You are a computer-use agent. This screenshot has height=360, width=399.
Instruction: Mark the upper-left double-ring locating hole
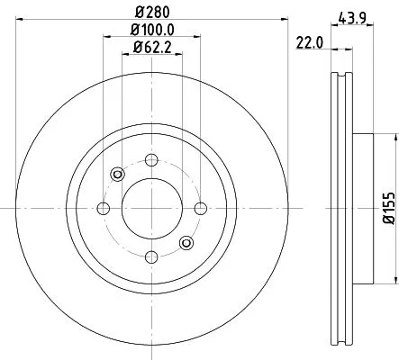[x=114, y=175]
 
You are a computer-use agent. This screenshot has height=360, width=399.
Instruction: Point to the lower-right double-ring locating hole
[x=186, y=241]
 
